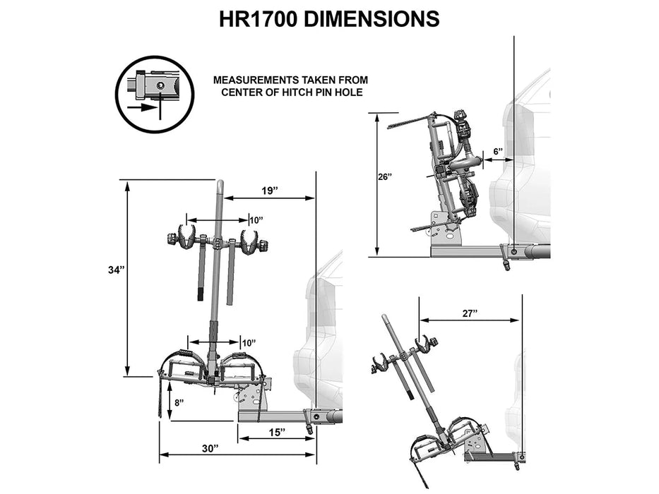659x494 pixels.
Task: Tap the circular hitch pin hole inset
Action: (154, 94)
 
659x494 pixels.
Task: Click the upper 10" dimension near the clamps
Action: (256, 220)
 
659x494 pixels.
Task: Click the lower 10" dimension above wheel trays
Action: (249, 342)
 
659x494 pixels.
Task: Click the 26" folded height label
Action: (384, 176)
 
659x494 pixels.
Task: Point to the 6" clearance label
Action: (497, 152)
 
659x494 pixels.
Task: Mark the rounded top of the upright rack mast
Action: (220, 186)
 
